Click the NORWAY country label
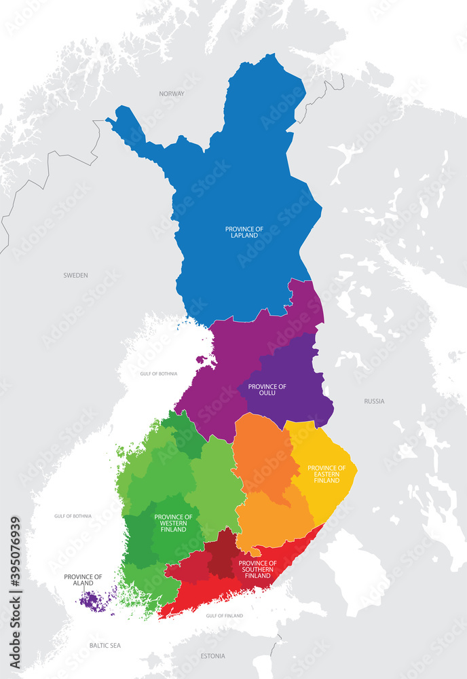(x=172, y=94)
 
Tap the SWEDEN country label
(x=75, y=275)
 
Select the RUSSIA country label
(x=374, y=401)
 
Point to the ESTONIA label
(x=214, y=656)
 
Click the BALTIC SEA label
(x=105, y=646)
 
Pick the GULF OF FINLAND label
(x=224, y=615)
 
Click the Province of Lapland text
(x=244, y=232)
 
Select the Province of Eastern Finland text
(x=326, y=474)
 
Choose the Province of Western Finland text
(x=173, y=523)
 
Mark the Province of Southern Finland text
(x=257, y=569)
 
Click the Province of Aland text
(x=83, y=580)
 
